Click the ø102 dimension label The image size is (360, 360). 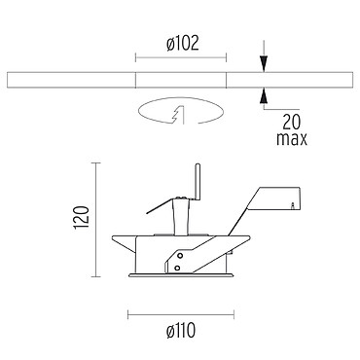point(182,44)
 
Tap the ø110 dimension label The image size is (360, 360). point(181,331)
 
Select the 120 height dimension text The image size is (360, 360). point(82,217)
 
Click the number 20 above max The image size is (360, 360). point(292,122)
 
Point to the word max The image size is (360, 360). point(292,138)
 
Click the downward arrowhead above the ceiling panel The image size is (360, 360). point(264,64)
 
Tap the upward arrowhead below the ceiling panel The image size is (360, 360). point(264,95)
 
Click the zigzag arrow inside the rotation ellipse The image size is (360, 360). point(178,115)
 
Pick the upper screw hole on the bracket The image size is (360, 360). point(179,256)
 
